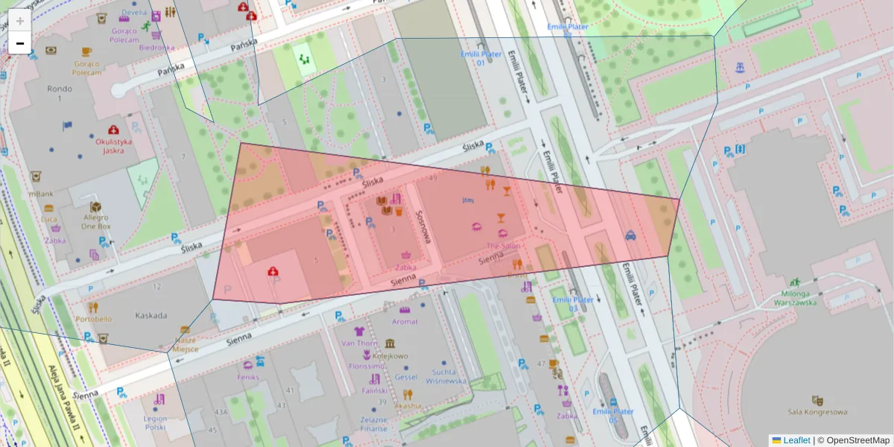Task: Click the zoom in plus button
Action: (x=20, y=21)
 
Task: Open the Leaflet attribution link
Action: (x=796, y=440)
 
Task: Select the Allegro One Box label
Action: (x=95, y=221)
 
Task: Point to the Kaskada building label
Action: (x=150, y=315)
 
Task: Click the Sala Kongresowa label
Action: (x=817, y=411)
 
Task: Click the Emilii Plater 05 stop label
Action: (x=612, y=415)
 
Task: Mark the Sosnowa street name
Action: (x=425, y=225)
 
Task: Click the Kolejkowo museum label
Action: (x=390, y=355)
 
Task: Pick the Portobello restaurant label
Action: (x=94, y=319)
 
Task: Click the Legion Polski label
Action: (x=156, y=422)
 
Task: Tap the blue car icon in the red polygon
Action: (x=630, y=235)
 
